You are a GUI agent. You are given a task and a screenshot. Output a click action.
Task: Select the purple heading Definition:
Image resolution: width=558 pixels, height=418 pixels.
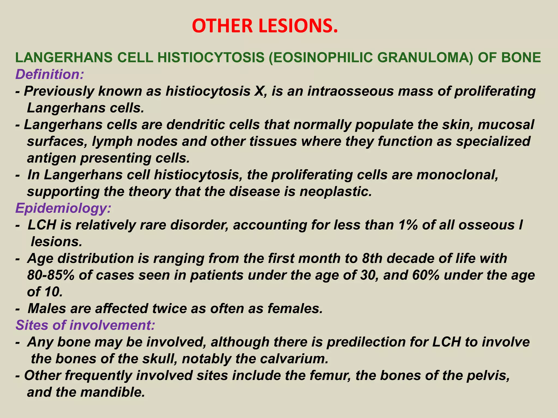pyautogui.click(x=50, y=74)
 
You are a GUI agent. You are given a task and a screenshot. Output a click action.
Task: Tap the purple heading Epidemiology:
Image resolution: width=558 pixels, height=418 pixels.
pyautogui.click(x=63, y=208)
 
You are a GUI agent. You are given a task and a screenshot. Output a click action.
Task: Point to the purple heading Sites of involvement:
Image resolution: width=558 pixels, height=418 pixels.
pyautogui.click(x=85, y=325)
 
